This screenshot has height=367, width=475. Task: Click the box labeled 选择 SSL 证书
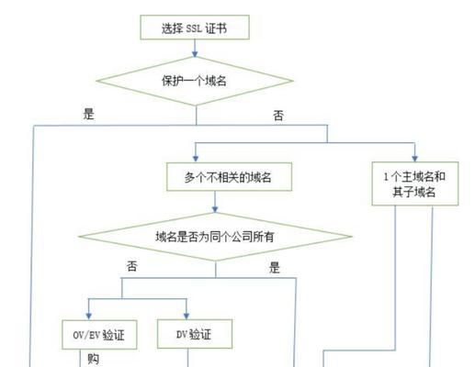(195, 28)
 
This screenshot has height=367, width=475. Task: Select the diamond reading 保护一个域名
(195, 81)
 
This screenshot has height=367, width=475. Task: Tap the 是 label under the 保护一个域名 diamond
(89, 114)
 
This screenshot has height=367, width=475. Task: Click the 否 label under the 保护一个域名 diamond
(278, 116)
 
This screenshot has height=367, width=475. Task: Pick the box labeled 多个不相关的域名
(229, 177)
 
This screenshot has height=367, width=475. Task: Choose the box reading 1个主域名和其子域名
(415, 183)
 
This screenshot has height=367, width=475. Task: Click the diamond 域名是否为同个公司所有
(215, 237)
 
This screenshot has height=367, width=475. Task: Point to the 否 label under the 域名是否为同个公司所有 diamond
(132, 266)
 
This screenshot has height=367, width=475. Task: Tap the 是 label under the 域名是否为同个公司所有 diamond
(275, 267)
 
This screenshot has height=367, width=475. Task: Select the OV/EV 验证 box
(99, 335)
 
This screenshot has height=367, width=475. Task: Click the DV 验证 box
(195, 334)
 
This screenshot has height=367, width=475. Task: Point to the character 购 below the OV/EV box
(94, 359)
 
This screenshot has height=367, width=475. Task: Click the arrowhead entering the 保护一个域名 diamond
(195, 54)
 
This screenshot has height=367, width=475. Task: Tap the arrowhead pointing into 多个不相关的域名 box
(196, 159)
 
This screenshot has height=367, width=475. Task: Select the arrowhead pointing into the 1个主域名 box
(414, 158)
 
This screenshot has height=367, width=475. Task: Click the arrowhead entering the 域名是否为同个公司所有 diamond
(215, 209)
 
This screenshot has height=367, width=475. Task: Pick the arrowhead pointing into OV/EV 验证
(89, 316)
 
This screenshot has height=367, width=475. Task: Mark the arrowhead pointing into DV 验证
(187, 316)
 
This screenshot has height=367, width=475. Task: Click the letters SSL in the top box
(194, 28)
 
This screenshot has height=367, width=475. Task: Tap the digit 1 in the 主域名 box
(386, 176)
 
